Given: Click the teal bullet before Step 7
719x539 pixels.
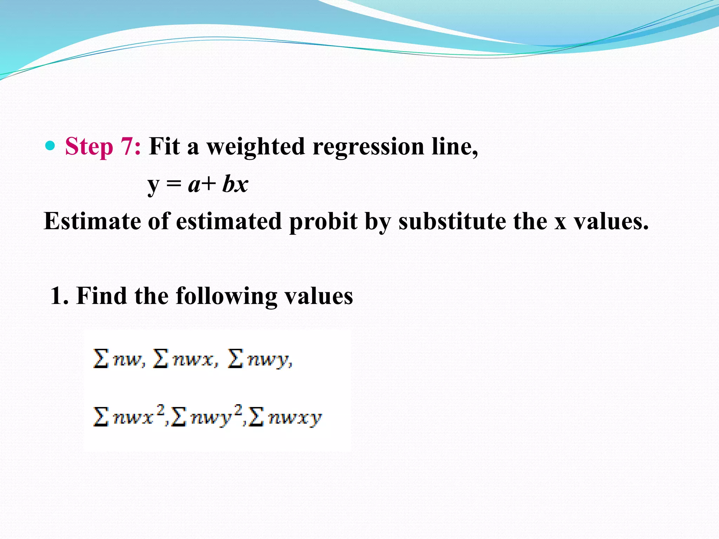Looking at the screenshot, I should tap(51, 146).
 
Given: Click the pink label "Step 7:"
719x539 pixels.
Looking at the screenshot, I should tap(103, 146).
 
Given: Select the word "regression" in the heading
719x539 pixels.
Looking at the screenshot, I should tap(368, 147).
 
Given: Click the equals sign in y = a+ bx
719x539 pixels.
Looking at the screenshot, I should tap(174, 184).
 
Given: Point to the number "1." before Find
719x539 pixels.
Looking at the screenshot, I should tap(59, 295).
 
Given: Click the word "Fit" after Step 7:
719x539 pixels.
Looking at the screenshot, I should tap(164, 146).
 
